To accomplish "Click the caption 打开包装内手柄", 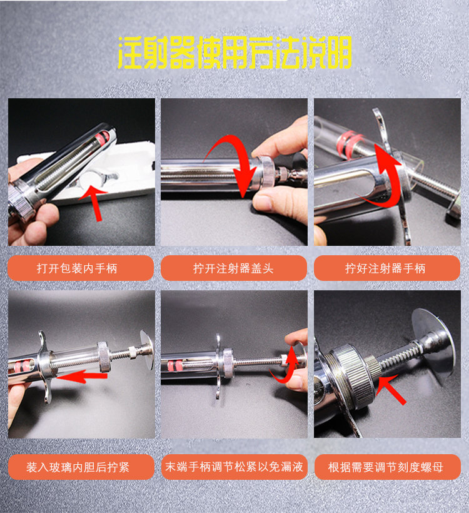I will (81, 268).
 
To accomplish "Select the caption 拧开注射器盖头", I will (233, 268).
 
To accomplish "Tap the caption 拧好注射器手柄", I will (386, 268).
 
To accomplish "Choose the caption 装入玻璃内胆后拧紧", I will (81, 467).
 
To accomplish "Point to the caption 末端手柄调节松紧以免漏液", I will (233, 467).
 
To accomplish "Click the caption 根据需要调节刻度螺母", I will (386, 467).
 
